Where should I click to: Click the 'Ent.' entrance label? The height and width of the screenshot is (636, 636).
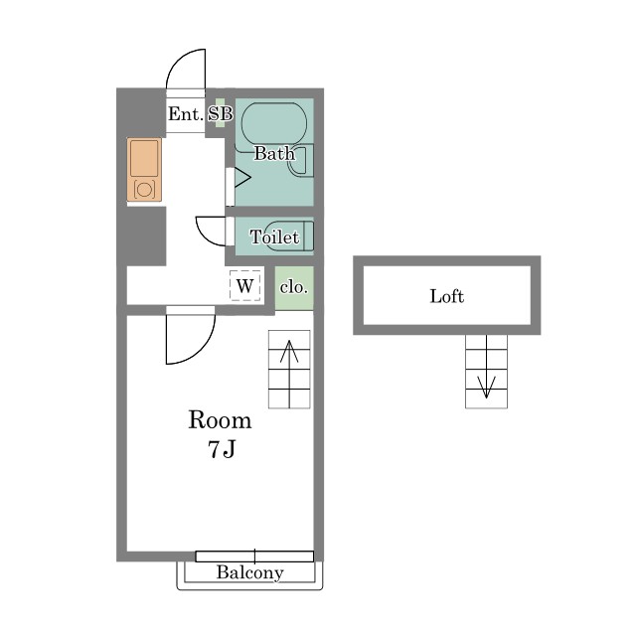186,114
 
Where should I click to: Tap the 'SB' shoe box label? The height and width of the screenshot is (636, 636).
221,114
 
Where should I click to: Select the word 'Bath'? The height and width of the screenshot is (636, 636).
274,153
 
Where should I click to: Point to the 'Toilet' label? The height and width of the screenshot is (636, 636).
274,237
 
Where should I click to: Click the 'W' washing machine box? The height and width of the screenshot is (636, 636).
245,285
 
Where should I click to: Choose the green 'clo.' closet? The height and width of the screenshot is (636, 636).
294,288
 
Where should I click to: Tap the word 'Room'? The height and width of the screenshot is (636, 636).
220,420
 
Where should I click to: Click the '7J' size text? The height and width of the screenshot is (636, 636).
222,448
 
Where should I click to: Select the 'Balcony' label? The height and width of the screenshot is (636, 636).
249,572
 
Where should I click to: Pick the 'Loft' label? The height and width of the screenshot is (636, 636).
446,296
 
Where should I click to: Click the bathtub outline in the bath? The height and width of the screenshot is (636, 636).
274,123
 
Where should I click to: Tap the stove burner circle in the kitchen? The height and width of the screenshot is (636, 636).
144,189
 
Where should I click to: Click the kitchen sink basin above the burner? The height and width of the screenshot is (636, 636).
144,159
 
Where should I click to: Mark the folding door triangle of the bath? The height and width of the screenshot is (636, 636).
242,178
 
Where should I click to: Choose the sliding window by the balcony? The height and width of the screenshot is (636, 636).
254,556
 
